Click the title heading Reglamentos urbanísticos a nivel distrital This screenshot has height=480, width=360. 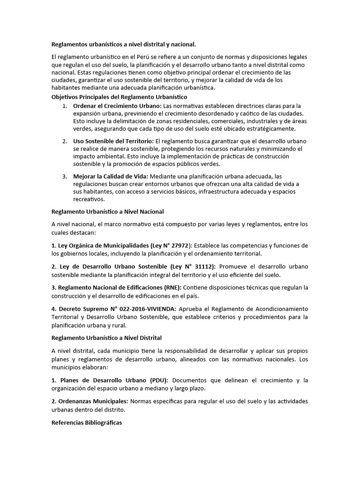(x=123, y=45)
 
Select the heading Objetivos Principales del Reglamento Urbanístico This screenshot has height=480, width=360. (x=119, y=97)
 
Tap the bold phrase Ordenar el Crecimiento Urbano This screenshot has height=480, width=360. (x=117, y=106)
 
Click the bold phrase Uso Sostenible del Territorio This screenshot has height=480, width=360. (x=113, y=141)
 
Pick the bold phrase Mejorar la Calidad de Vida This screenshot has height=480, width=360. (x=110, y=176)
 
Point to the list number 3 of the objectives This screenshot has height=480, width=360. (x=65, y=176)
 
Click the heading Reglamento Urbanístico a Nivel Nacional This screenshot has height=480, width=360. (x=107, y=212)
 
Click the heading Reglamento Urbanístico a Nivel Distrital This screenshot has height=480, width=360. (x=106, y=338)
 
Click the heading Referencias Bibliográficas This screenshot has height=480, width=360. (x=86, y=422)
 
